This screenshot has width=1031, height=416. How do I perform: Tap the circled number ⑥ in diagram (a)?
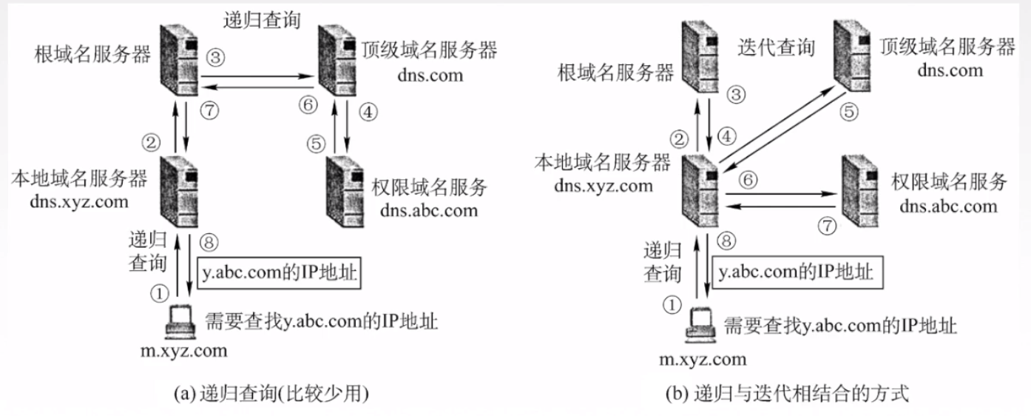[x=306, y=104]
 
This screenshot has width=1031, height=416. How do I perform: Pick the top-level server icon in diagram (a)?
[x=337, y=59]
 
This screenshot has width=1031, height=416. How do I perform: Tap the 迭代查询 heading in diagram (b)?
[x=776, y=48]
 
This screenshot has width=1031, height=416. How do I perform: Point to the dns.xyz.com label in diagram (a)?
[x=79, y=200]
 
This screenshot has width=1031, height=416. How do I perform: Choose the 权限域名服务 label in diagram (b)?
[x=950, y=181]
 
